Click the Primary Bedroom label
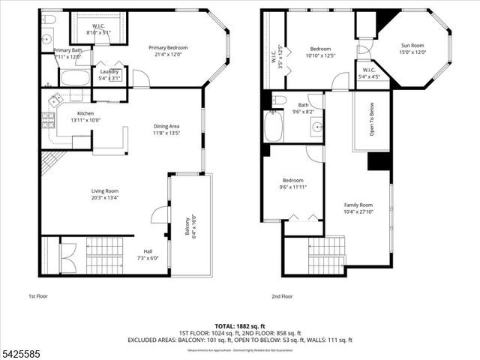(x=168, y=50)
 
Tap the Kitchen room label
(x=85, y=116)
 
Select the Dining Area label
(x=166, y=130)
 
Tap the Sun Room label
(x=412, y=49)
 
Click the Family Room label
(x=358, y=208)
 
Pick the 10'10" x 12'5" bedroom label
(x=320, y=52)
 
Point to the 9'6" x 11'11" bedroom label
(x=292, y=184)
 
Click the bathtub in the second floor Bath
(x=272, y=127)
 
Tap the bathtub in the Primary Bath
(x=73, y=78)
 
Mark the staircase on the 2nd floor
(x=326, y=255)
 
